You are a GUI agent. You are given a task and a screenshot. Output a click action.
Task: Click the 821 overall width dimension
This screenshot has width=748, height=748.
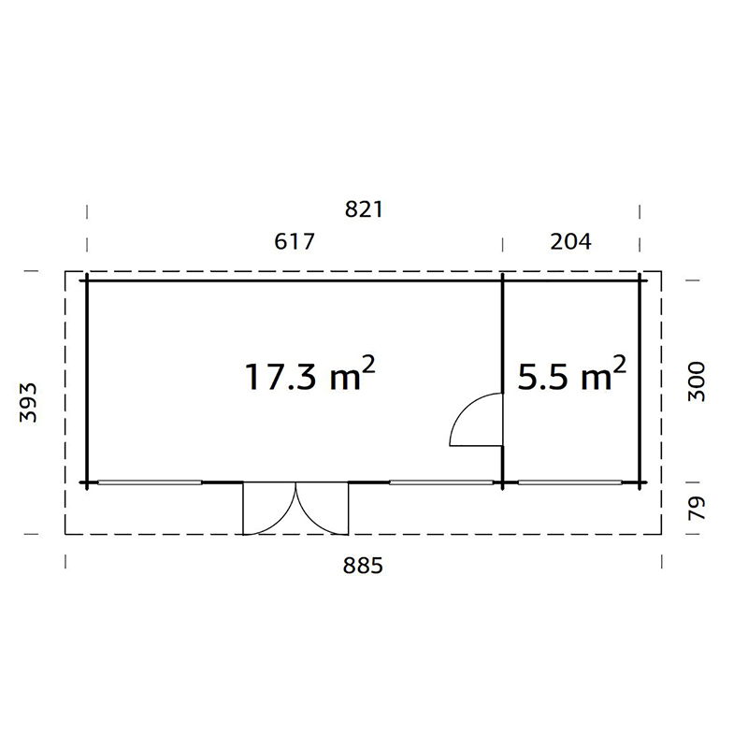(365, 209)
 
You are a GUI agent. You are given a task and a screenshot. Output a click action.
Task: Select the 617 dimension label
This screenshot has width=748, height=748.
(295, 241)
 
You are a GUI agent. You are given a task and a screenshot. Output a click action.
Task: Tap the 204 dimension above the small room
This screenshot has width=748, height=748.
(571, 241)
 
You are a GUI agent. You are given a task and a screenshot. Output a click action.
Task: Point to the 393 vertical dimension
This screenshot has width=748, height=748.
(28, 402)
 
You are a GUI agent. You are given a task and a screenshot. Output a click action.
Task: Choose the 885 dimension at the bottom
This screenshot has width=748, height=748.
(365, 566)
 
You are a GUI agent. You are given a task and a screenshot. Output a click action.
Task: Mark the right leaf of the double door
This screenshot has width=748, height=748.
(323, 510)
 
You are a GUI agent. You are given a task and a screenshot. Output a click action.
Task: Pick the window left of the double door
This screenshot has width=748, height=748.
(151, 482)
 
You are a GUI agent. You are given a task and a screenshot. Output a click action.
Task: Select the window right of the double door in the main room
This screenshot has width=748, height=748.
(441, 482)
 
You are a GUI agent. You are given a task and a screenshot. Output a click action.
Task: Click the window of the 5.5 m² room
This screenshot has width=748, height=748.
(570, 482)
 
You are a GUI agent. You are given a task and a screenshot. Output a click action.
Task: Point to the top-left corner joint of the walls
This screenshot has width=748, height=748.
(87, 279)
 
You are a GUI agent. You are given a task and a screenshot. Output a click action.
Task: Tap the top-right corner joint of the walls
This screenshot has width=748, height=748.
(642, 279)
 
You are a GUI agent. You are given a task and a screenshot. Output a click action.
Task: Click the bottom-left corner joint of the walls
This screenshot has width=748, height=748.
(87, 482)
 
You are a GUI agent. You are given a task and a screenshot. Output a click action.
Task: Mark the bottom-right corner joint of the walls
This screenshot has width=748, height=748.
(642, 482)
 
